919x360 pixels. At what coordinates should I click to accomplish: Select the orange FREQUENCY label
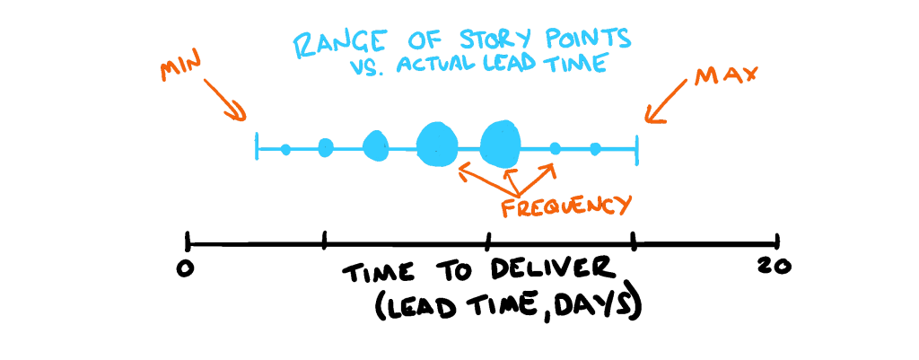click(x=567, y=207)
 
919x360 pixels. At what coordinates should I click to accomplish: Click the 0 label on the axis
click(x=185, y=268)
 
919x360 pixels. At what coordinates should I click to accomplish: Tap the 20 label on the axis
click(x=775, y=267)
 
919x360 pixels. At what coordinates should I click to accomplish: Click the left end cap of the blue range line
click(x=257, y=146)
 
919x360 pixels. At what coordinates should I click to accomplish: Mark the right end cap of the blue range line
click(x=636, y=151)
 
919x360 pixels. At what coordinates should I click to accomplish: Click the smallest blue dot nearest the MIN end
click(x=285, y=149)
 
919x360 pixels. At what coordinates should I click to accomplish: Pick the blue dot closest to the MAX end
click(x=595, y=149)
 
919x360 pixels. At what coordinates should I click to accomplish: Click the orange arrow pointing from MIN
click(x=225, y=100)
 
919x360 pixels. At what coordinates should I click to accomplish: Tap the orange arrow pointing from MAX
click(x=666, y=103)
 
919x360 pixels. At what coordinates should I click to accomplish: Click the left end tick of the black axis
click(x=187, y=241)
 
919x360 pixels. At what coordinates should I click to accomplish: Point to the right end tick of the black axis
click(x=776, y=241)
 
